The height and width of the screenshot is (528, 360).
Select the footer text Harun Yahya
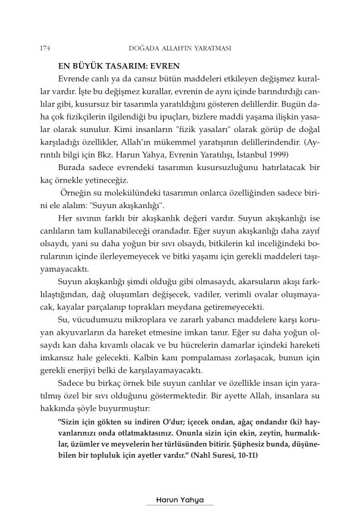[179, 501]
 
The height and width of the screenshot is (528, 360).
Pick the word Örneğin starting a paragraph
[76, 188]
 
